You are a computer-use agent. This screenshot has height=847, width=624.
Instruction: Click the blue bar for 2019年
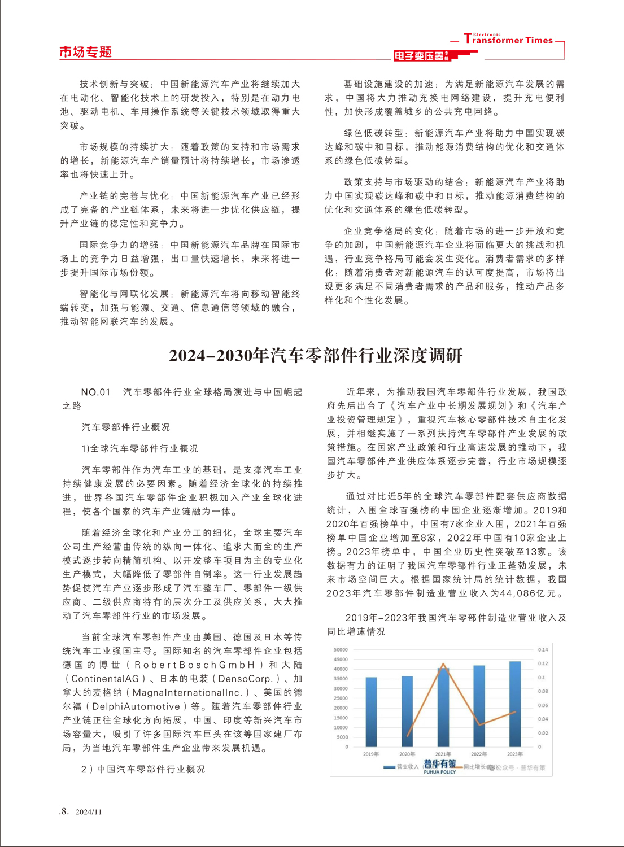click(x=371, y=711)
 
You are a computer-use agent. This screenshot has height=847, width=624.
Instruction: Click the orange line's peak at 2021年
click(x=443, y=665)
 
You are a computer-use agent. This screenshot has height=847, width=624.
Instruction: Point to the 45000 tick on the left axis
click(x=341, y=660)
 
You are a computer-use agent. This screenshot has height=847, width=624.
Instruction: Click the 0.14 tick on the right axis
click(x=543, y=650)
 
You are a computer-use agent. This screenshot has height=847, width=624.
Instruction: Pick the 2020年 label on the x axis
click(x=407, y=754)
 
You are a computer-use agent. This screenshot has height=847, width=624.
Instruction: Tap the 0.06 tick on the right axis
click(x=543, y=705)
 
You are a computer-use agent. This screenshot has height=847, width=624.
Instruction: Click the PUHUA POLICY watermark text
click(x=439, y=772)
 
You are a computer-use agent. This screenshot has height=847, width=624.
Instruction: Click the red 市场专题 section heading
click(x=86, y=53)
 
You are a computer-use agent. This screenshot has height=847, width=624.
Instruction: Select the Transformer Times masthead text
click(x=508, y=40)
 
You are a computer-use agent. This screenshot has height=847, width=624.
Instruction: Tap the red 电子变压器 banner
click(x=421, y=56)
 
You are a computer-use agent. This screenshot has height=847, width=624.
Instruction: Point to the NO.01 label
click(x=95, y=392)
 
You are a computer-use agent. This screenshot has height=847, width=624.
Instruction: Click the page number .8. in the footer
click(x=64, y=811)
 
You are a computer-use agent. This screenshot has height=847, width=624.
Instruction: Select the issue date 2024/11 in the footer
click(x=89, y=812)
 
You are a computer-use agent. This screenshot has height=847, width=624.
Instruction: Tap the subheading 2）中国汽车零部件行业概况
click(x=143, y=770)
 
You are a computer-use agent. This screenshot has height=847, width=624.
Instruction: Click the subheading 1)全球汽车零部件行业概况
click(x=139, y=449)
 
